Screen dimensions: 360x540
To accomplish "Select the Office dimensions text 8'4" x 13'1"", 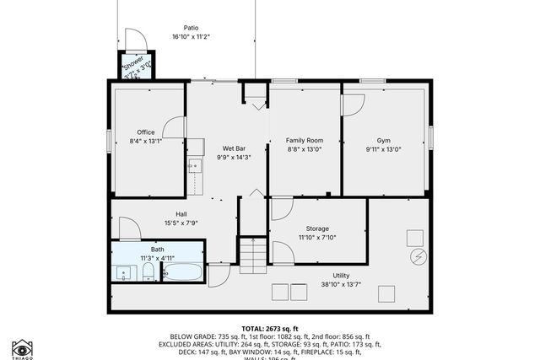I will pyautogui.click(x=146, y=141).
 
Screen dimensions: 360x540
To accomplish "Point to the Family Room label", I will pyautogui.click(x=304, y=140).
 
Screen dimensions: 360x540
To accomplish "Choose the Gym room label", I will pyautogui.click(x=384, y=140).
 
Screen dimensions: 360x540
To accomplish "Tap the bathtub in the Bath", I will pyautogui.click(x=181, y=272).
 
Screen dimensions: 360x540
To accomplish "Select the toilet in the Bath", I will pyautogui.click(x=148, y=271).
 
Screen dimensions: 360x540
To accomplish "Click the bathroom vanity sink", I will pyautogui.click(x=125, y=272).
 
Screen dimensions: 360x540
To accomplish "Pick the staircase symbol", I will pyautogui.click(x=253, y=255).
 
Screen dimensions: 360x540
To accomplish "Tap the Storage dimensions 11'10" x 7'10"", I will pyautogui.click(x=317, y=237).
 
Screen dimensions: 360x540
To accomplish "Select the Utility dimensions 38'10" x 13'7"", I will pyautogui.click(x=341, y=283).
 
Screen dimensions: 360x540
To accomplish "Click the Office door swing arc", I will pyautogui.click(x=175, y=127).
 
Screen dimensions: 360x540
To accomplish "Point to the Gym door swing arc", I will pyautogui.click(x=354, y=105).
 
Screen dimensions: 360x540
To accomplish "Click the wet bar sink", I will pyautogui.click(x=194, y=164).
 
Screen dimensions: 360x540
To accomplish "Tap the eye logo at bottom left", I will pyautogui.click(x=22, y=347).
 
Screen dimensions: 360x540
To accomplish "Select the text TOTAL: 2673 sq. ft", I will pyautogui.click(x=270, y=328).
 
